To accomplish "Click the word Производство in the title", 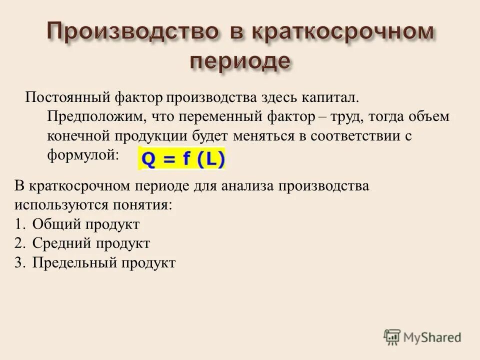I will [x=131, y=32].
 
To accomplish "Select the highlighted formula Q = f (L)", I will [x=182, y=158].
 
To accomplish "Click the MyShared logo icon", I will [x=392, y=337].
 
